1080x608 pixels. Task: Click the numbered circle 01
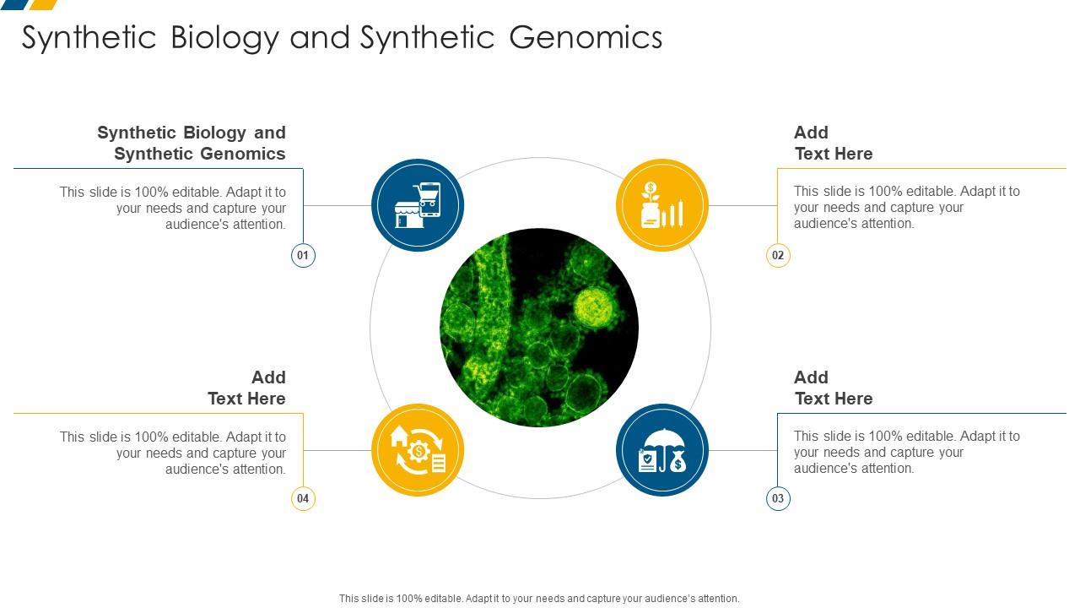(x=303, y=255)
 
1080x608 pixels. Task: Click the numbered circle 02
(x=778, y=255)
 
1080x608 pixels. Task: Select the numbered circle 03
(x=778, y=498)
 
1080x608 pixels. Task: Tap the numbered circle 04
(x=303, y=498)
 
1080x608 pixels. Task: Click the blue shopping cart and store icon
(x=418, y=205)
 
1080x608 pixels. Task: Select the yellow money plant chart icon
(x=662, y=205)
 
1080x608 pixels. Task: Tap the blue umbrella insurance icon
(x=662, y=450)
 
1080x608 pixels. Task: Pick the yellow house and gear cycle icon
(x=418, y=450)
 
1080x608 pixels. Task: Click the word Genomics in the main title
(x=586, y=38)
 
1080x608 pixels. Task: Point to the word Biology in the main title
(x=224, y=38)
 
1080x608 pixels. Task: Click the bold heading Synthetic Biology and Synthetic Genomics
(x=192, y=143)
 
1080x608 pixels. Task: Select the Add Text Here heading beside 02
(x=833, y=143)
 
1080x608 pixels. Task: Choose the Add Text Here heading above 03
(x=833, y=388)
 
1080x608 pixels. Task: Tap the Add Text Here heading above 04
(x=246, y=388)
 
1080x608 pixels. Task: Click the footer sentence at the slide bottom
(x=539, y=598)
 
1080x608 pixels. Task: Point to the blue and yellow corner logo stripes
(x=30, y=4)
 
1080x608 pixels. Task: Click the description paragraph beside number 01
(x=173, y=208)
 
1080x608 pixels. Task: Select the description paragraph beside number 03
(x=906, y=452)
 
